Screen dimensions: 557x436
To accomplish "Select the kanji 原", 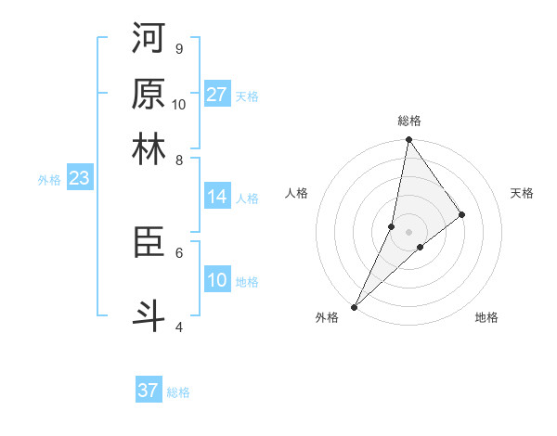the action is click(149, 94).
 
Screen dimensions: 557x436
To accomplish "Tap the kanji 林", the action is click(149, 149).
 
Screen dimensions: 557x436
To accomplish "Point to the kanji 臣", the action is click(149, 242).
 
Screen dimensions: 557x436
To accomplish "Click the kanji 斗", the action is click(149, 316).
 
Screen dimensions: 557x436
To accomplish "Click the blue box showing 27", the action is click(217, 95).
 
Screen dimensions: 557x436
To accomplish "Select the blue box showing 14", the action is click(217, 197).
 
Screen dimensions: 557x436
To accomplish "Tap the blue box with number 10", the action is click(217, 281).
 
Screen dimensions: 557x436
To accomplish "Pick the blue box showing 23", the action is click(79, 179).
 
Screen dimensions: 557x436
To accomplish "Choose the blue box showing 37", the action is click(149, 391).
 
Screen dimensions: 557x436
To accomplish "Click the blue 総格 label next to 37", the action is click(178, 392).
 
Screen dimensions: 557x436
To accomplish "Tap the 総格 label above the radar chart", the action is click(408, 121).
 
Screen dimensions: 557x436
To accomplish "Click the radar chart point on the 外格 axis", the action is click(354, 306).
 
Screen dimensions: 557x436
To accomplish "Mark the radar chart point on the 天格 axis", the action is click(462, 215).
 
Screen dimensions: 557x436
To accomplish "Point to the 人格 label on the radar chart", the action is click(297, 193).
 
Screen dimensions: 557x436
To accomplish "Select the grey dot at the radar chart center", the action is click(408, 232).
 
